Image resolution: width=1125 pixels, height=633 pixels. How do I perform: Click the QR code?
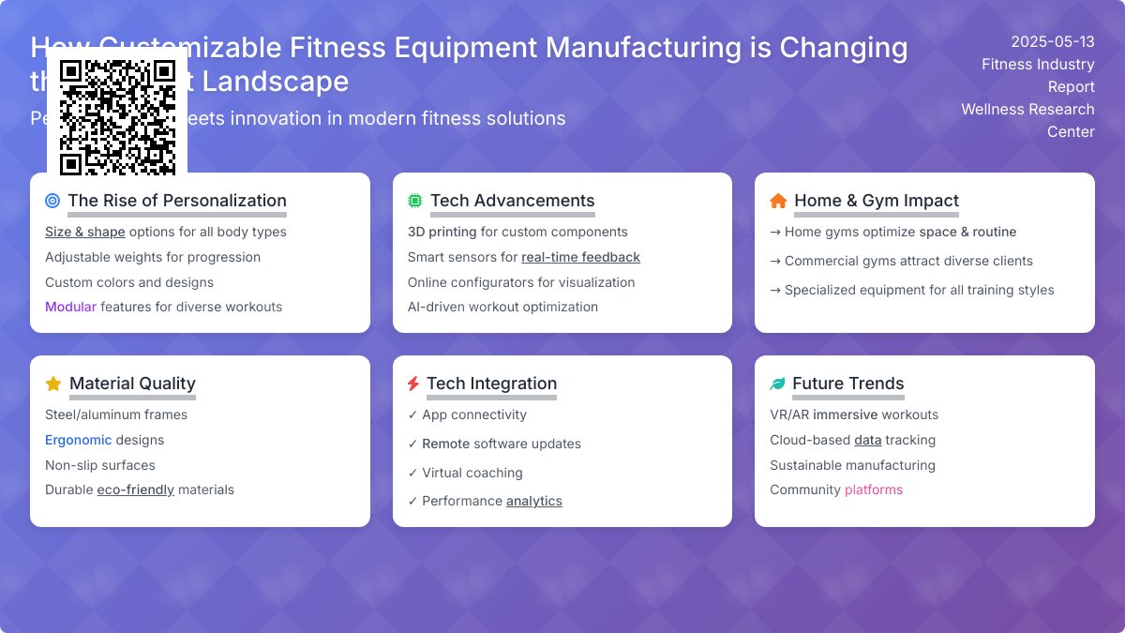point(117,117)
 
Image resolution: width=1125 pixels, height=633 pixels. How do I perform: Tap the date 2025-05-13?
point(1052,42)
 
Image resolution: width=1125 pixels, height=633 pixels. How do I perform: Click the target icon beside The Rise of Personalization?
point(52,201)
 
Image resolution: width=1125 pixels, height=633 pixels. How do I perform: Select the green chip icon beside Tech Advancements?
point(414,201)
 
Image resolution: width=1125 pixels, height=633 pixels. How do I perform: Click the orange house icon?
point(778,201)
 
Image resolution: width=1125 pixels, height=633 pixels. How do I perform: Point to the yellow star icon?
point(53,384)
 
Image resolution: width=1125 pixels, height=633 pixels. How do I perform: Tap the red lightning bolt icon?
point(413,384)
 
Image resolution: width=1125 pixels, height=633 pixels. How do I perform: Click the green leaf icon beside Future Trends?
point(777,384)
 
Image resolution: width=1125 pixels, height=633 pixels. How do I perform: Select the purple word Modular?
point(70,307)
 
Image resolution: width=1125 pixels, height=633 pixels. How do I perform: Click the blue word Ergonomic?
point(78,440)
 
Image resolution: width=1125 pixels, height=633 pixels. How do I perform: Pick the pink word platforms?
point(873,490)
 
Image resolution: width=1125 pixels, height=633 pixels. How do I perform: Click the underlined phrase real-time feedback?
point(580,257)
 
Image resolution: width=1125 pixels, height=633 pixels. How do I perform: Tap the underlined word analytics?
point(533,501)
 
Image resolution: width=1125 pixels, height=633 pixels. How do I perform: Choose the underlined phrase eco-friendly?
point(135,490)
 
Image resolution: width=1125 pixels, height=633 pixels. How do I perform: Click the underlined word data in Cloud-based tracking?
point(867,440)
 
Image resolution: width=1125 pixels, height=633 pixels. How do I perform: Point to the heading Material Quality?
point(132,384)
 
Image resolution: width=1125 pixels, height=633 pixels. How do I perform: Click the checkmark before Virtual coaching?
point(413,473)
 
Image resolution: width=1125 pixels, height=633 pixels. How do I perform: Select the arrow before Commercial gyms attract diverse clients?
point(775,261)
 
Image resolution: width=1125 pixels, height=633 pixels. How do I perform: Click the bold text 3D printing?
point(442,232)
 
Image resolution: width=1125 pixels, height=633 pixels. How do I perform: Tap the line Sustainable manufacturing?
point(852,465)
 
